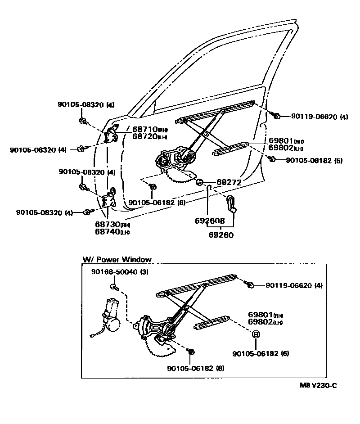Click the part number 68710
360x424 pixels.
tap(144, 129)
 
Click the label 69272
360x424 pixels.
tap(229, 182)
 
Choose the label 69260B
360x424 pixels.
tap(210, 221)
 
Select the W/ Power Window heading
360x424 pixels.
tap(117, 260)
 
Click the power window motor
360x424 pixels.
tap(110, 315)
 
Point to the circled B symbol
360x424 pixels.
tap(255, 334)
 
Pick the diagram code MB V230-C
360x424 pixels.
tap(319, 385)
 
